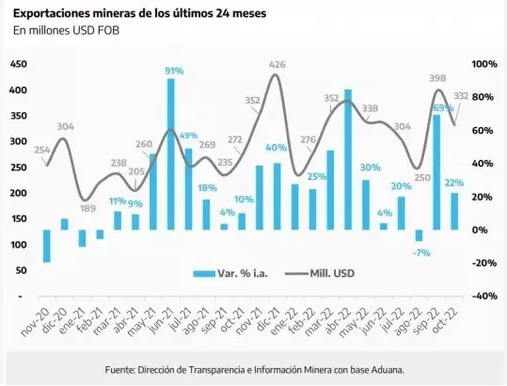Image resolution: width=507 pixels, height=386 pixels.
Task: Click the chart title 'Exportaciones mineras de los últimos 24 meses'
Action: click(139, 13)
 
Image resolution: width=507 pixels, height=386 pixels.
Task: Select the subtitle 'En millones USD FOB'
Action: click(66, 31)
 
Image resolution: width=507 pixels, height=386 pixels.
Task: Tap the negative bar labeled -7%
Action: click(419, 236)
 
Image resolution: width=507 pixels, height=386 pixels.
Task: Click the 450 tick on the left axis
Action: click(19, 64)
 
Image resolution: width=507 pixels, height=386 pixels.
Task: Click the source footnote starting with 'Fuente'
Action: click(253, 369)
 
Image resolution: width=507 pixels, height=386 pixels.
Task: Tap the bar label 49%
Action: click(188, 137)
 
